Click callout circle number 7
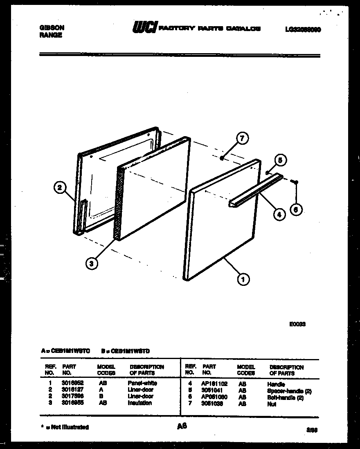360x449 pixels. coord(242,139)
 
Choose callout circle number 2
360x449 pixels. coord(60,188)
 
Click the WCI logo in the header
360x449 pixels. coord(144,28)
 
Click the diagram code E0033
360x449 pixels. coord(297,324)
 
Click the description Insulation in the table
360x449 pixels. coord(140,403)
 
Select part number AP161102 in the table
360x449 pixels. coord(215,384)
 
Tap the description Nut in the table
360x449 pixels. coord(272,404)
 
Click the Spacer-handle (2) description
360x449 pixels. coord(289,391)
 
